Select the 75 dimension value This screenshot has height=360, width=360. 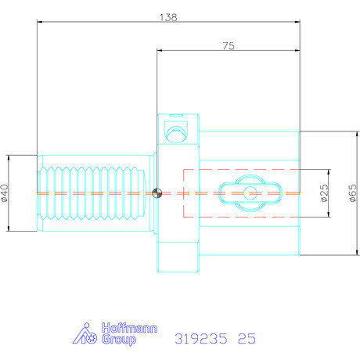pos(228,46)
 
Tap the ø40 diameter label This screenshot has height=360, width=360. pos(6,193)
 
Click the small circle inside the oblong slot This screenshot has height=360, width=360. pos(249,193)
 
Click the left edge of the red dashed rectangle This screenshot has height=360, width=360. pos(183,193)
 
